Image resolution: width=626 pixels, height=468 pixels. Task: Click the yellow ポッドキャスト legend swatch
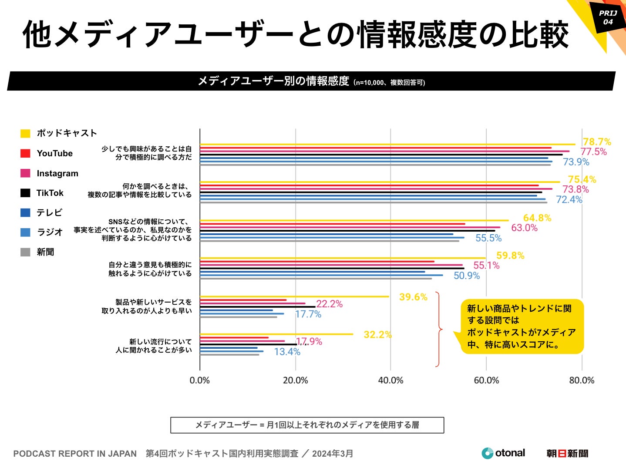25,133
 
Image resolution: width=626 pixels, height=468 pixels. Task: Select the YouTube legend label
54,153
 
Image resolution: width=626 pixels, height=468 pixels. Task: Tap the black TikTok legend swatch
25,193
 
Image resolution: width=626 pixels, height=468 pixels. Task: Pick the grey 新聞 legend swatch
25,252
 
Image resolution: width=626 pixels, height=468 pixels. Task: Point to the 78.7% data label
597,142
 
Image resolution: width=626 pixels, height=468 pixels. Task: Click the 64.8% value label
537,218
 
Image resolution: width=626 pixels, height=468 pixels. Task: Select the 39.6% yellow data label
413,297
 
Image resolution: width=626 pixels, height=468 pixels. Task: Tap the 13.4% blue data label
287,352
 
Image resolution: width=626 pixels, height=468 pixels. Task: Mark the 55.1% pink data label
486,266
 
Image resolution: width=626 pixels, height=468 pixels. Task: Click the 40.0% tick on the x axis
390,380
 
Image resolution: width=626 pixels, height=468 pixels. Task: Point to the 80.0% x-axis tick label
582,380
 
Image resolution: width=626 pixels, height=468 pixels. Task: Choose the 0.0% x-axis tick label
200,380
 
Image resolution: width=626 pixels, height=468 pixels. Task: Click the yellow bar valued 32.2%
276,334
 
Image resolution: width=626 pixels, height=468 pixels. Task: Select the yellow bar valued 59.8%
343,258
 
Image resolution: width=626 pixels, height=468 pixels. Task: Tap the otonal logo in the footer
503,453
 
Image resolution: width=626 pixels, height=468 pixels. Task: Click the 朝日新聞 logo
567,454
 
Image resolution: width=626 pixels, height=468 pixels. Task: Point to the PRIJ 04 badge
608,17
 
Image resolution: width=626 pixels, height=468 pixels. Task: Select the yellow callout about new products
522,327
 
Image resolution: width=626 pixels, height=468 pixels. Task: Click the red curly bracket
439,330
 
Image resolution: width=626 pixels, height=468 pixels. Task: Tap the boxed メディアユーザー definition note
307,425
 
